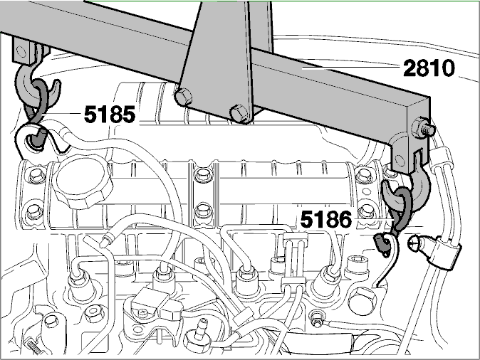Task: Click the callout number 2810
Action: pos(429,68)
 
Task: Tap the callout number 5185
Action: pos(110,114)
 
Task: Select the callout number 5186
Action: pos(326,219)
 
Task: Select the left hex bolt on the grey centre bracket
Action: pos(183,95)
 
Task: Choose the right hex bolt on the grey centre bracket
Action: pos(240,113)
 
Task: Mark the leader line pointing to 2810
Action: pos(350,67)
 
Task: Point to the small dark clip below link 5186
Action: pos(381,242)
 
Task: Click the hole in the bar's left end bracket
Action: pos(21,51)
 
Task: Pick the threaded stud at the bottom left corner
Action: pos(33,345)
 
